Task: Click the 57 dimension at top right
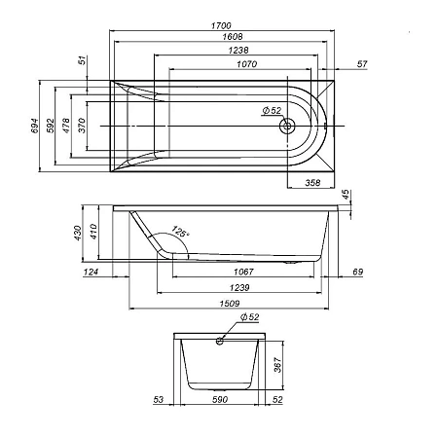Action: [362, 64]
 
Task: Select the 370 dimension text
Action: [83, 126]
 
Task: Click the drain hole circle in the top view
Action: [287, 126]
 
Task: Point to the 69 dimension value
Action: [357, 271]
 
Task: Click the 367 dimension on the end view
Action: [276, 367]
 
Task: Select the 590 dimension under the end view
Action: [220, 399]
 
